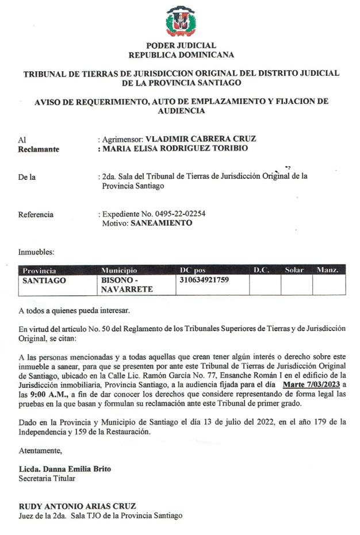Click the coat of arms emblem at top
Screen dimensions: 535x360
(x=181, y=21)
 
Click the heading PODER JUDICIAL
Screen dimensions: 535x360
(x=181, y=45)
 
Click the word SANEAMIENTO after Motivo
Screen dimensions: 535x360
(x=162, y=223)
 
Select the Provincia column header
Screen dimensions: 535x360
(x=39, y=270)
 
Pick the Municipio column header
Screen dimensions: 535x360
(x=120, y=270)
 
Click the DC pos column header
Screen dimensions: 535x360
(x=193, y=270)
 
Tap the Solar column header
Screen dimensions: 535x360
(x=294, y=270)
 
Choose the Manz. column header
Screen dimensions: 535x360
(x=327, y=270)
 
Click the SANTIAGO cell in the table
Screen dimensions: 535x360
(x=44, y=280)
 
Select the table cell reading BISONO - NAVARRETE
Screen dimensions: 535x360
(x=121, y=285)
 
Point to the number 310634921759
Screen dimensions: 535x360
(x=205, y=280)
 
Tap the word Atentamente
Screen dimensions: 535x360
(x=40, y=450)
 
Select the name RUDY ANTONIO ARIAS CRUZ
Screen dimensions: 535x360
(x=77, y=506)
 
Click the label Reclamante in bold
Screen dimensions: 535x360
(x=39, y=149)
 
